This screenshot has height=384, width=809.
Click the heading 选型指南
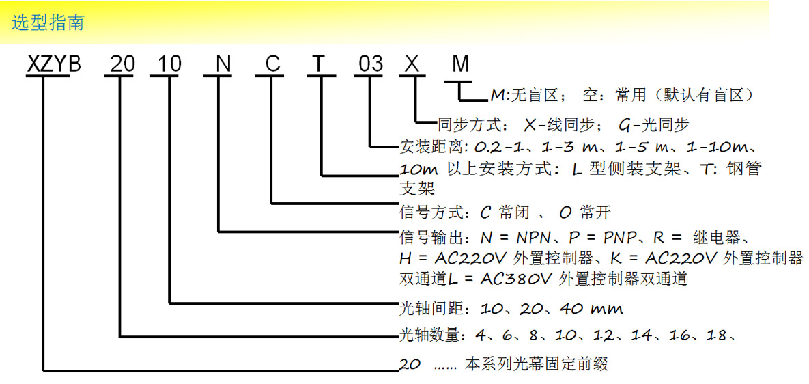[x=48, y=23]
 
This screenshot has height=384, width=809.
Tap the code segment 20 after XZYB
[x=123, y=64]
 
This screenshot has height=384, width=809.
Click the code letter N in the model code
[x=223, y=64]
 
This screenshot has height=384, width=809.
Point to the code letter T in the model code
[x=321, y=64]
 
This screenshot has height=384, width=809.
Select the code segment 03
[x=371, y=64]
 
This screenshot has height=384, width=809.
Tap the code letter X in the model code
[x=412, y=64]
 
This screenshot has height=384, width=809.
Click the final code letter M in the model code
[x=461, y=64]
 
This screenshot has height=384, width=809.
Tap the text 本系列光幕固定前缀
[x=537, y=364]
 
